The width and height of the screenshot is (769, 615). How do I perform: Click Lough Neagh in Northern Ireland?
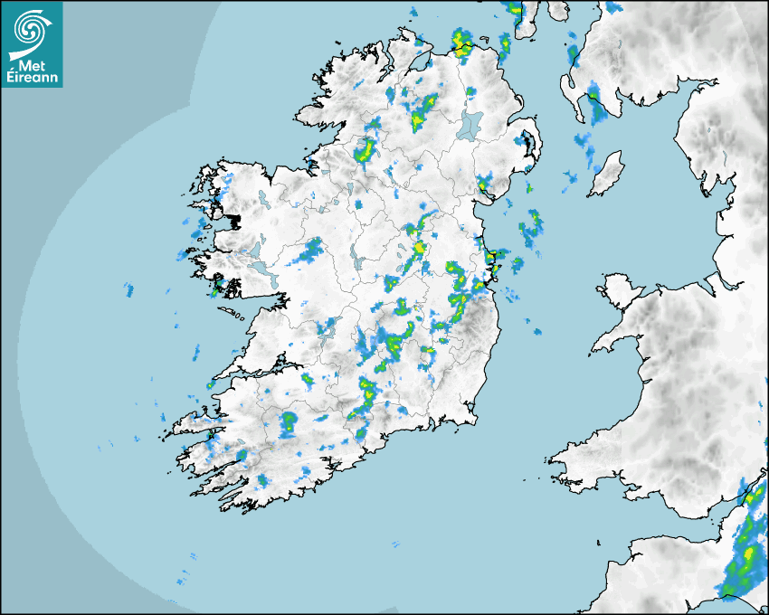coord(470,126)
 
